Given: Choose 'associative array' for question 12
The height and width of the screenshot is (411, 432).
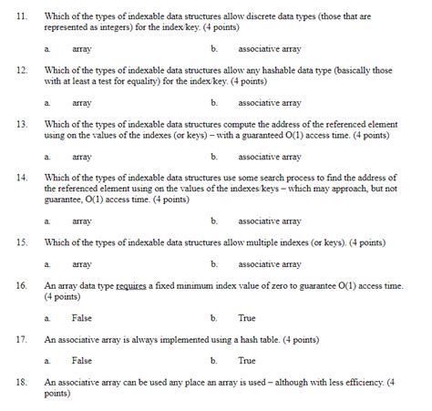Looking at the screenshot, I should (269, 103).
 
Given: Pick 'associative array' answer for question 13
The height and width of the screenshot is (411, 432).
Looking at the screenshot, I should (269, 157).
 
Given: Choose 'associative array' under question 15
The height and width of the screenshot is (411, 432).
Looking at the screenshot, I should (269, 264).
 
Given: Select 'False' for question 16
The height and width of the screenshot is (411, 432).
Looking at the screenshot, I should (82, 318).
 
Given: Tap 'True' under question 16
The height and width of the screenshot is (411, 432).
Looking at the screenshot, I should (247, 318).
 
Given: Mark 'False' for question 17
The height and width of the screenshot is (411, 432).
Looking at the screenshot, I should (82, 361).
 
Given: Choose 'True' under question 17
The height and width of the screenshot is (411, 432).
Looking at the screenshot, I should (247, 361).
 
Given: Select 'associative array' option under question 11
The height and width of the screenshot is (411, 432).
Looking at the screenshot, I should (269, 47).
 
